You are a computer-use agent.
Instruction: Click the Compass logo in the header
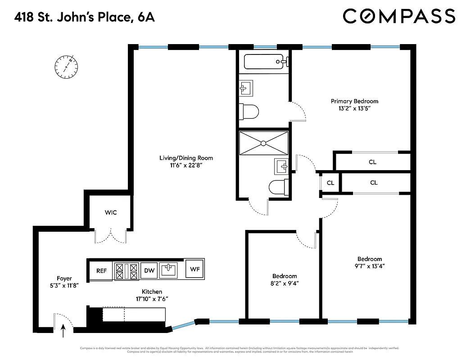(399, 16)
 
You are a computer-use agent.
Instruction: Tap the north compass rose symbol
(66, 66)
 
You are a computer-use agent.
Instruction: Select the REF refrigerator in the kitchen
(101, 271)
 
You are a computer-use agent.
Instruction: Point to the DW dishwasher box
(149, 270)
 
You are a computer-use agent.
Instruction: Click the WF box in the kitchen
(195, 270)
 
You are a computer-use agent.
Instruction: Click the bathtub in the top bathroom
(264, 61)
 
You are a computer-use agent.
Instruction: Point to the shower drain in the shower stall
(263, 143)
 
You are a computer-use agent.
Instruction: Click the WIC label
(111, 212)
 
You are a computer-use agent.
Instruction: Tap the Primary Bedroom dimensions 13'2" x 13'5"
(354, 108)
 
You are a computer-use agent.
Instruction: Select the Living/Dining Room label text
(186, 158)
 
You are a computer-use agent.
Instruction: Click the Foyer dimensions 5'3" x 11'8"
(64, 286)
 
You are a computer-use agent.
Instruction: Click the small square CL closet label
(330, 183)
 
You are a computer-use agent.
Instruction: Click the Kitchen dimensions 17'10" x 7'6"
(152, 299)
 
